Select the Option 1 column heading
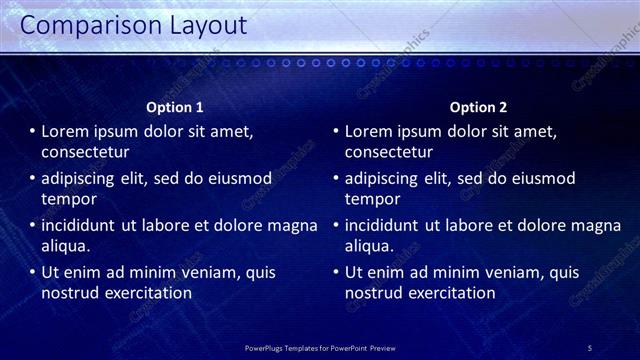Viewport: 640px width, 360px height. click(x=175, y=107)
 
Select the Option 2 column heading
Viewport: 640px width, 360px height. click(x=478, y=107)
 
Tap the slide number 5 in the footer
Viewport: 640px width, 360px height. click(x=590, y=347)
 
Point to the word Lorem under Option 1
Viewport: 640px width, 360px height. click(x=66, y=132)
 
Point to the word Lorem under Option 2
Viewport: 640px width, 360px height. click(x=370, y=132)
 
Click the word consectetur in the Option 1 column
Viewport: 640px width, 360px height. click(x=86, y=153)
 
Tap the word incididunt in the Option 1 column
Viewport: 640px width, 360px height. click(x=79, y=225)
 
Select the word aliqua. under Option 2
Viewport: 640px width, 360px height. click(x=370, y=246)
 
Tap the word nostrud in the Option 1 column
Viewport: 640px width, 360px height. click(x=69, y=293)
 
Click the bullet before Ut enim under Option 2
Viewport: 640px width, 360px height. click(x=336, y=272)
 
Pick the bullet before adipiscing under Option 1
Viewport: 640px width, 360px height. click(x=32, y=178)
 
